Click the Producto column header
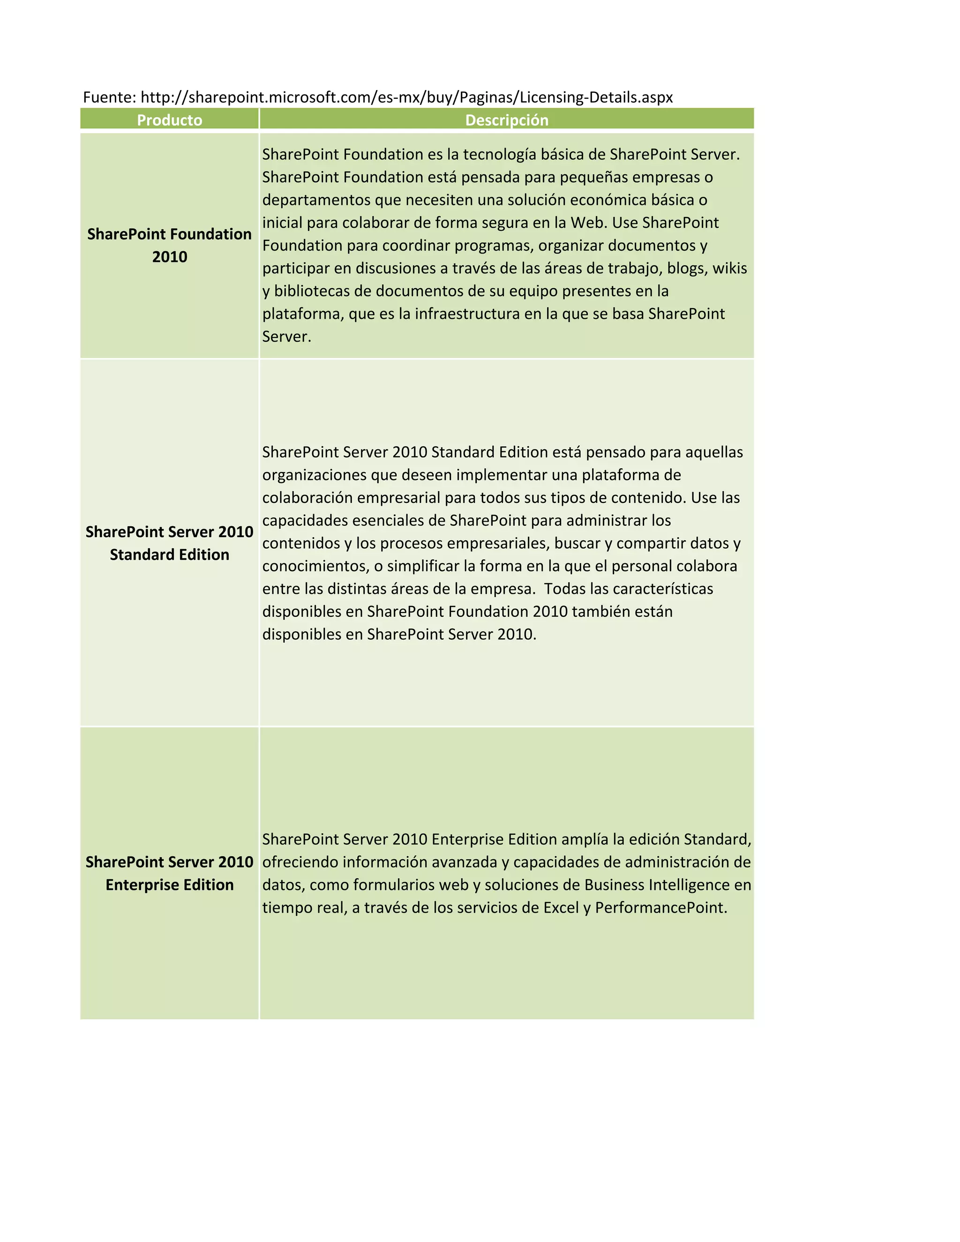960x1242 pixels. point(170,120)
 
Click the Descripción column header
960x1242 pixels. point(506,120)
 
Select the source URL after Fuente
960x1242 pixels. point(406,97)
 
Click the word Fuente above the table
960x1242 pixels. point(107,97)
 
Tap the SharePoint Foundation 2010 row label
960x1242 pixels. point(170,245)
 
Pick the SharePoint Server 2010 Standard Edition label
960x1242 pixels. point(170,543)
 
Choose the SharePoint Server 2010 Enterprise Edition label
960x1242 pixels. point(170,873)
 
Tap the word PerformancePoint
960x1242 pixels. point(661,908)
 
